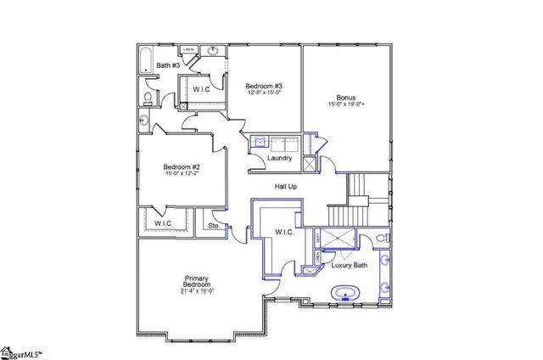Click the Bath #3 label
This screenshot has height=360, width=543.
[167, 65]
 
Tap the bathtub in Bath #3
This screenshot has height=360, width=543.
[146, 59]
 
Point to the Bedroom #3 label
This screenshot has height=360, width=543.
[264, 86]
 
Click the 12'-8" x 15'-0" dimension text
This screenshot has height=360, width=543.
[264, 93]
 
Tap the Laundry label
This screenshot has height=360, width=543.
[280, 158]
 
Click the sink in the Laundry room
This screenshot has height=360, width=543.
[260, 143]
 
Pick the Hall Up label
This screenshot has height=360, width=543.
[285, 186]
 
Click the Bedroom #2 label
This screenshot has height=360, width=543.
[182, 167]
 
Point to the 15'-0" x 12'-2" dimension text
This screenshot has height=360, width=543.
[182, 175]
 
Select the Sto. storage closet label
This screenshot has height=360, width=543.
[214, 227]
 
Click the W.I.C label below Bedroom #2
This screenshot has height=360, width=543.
[163, 224]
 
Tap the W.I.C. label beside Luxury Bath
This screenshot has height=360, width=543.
[284, 233]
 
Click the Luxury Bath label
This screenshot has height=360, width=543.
[349, 266]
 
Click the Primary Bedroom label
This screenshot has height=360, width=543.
[197, 282]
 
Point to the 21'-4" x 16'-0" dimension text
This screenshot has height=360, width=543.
[197, 292]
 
